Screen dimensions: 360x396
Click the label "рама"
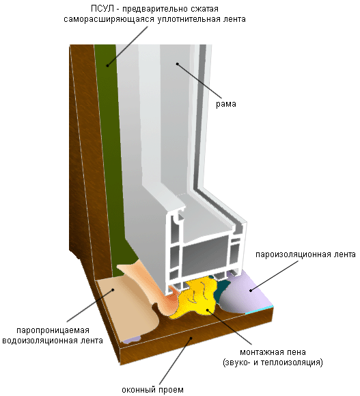click(x=226, y=104)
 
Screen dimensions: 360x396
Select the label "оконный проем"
click(x=152, y=390)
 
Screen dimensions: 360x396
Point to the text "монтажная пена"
click(x=273, y=352)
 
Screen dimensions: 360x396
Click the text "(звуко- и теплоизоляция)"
click(x=273, y=362)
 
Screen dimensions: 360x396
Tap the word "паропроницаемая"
click(x=53, y=330)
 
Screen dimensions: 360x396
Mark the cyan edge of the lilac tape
click(x=260, y=311)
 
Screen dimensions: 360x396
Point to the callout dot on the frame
click(x=178, y=64)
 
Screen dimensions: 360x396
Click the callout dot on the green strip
click(x=107, y=66)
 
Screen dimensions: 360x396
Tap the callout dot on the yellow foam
click(x=208, y=310)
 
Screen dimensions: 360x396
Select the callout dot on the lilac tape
click(x=251, y=291)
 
